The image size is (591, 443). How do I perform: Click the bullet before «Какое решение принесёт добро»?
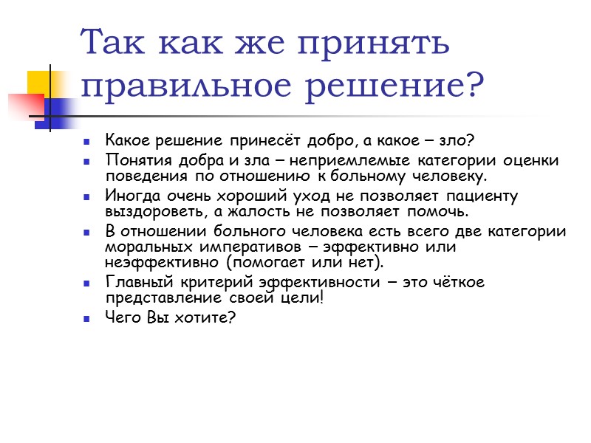[x=88, y=140]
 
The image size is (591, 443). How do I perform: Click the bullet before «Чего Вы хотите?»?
[x=88, y=317]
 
